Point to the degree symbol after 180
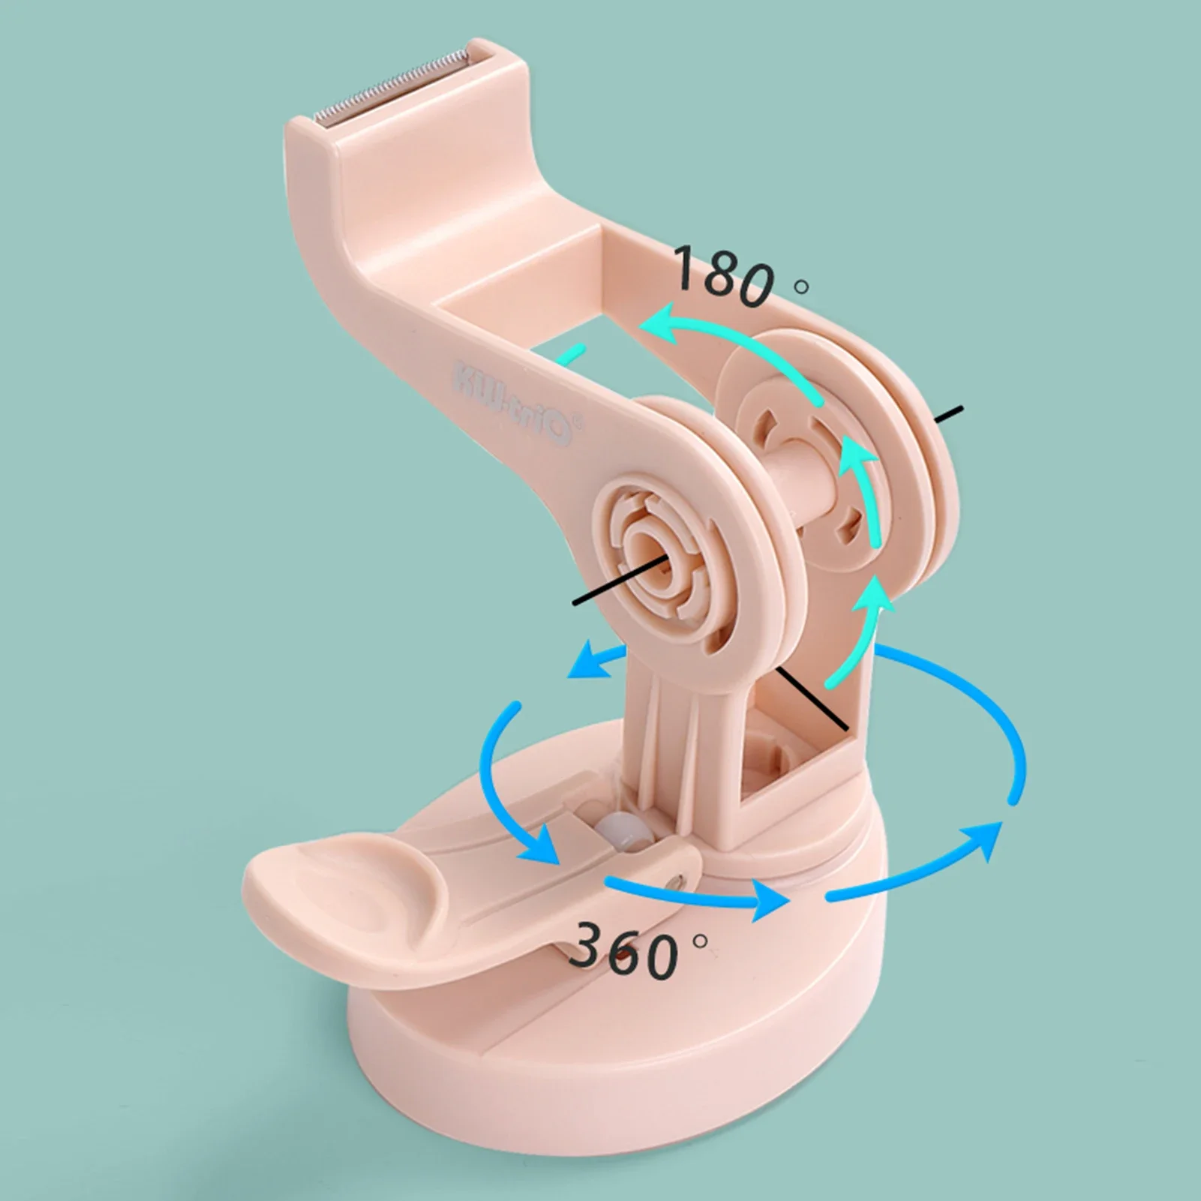(x=801, y=285)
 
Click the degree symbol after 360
(x=700, y=940)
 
